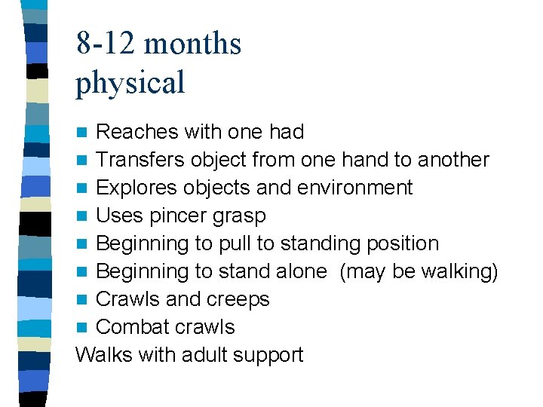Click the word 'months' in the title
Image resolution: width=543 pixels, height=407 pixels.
click(192, 44)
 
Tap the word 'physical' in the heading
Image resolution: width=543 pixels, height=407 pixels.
click(130, 83)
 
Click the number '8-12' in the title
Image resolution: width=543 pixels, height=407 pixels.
click(106, 44)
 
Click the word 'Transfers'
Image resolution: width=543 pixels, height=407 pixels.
click(141, 160)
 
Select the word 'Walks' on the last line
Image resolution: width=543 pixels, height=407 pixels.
click(103, 354)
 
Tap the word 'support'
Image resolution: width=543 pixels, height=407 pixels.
click(270, 356)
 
